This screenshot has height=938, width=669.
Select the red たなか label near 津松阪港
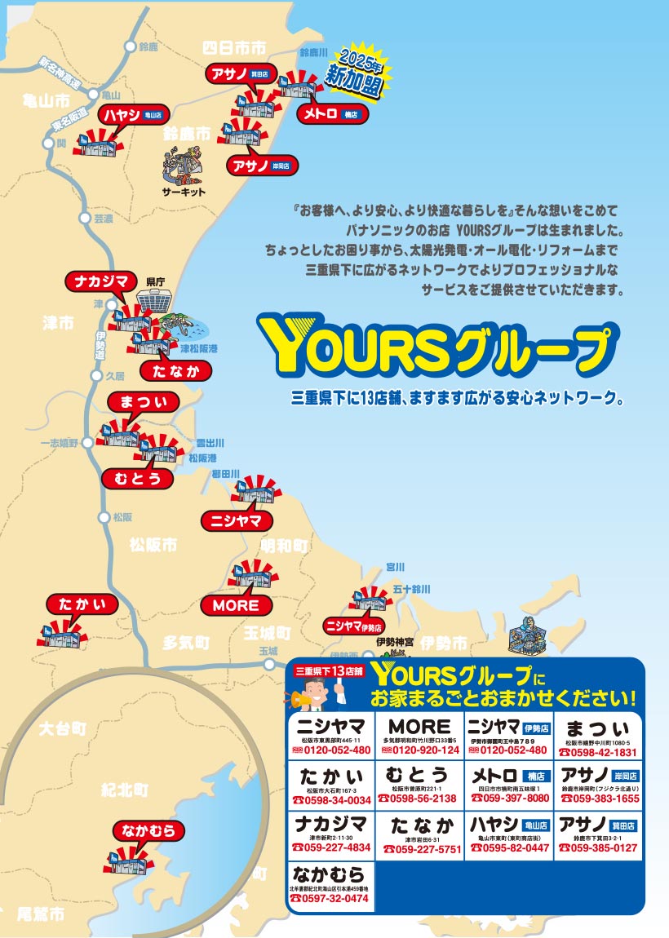coord(175,371)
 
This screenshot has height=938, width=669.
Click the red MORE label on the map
coord(236,605)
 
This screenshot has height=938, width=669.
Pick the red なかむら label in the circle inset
coord(148,831)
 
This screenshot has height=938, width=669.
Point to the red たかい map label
coord(82,605)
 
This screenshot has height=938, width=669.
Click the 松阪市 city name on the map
coord(153,546)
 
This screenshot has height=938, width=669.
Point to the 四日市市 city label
coord(234,48)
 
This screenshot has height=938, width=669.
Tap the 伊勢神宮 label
coord(394,643)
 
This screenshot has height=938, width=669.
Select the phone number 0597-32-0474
coord(330,898)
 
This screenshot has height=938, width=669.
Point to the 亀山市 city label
coord(47,102)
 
